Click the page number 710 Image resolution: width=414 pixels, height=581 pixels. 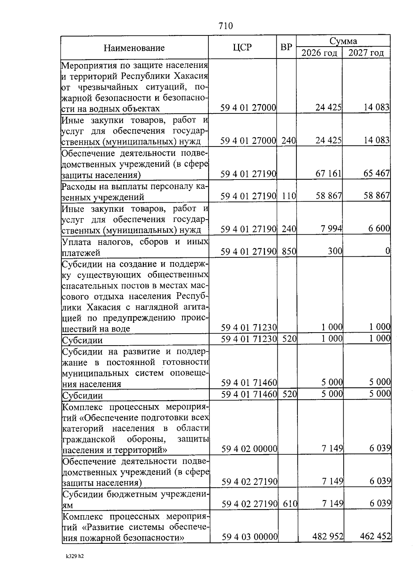point(226,26)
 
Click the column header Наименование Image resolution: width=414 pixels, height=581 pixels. point(134,48)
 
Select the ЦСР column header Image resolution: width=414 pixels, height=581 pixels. point(242,47)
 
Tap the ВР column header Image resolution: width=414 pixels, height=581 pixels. point(286,47)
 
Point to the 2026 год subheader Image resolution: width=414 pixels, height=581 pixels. point(319,53)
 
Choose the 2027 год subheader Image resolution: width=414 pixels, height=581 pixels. point(366,53)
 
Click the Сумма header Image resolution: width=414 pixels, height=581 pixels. point(343,41)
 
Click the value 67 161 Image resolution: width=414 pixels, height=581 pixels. point(328,173)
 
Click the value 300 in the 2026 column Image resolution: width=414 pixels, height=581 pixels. point(335,251)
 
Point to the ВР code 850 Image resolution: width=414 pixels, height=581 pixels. point(289,252)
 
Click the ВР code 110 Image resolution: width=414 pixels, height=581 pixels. point(289,196)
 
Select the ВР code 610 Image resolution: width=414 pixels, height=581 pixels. point(290,504)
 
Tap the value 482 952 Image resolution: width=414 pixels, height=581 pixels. point(328,537)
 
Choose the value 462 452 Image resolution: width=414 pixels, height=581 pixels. point(375,537)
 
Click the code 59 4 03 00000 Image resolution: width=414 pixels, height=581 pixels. point(250,537)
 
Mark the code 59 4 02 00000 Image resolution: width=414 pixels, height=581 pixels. point(249,449)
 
